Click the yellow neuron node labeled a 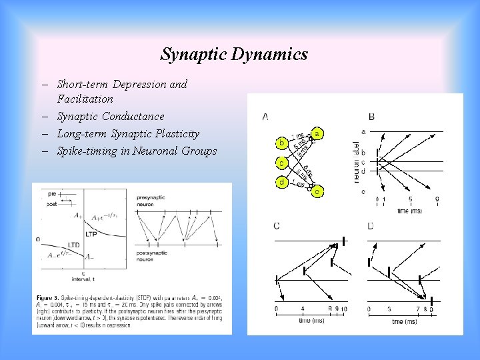tap(317, 133)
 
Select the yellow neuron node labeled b tap(282, 143)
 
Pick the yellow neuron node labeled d tap(282, 182)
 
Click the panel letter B tap(371, 117)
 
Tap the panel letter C tap(277, 226)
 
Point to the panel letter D tap(371, 226)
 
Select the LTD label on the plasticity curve tap(73, 245)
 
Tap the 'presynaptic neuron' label tap(154, 200)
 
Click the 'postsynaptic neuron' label tap(154, 256)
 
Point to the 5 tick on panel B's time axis tap(411, 199)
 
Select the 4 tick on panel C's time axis tap(303, 309)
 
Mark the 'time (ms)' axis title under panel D tap(401, 321)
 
